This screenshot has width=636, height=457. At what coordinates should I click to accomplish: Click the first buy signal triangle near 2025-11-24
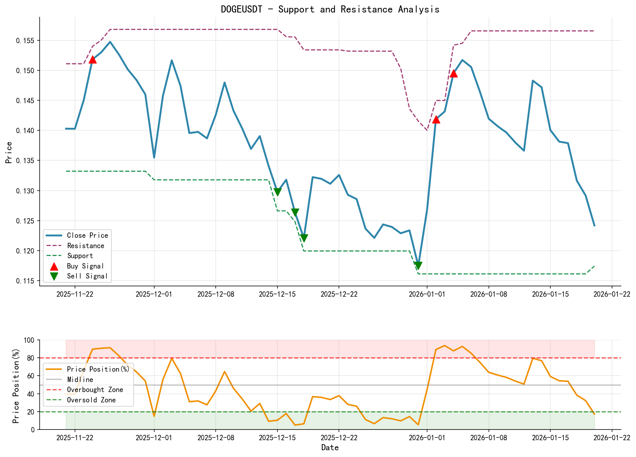point(92,59)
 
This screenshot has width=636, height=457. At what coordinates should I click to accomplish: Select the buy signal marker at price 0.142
point(436,119)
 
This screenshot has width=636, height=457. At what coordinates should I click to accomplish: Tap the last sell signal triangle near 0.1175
point(418,266)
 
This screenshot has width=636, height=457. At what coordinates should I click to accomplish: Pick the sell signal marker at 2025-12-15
point(277,192)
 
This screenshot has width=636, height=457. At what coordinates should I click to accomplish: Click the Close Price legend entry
point(87,235)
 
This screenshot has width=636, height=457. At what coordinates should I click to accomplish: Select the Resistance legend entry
point(85,246)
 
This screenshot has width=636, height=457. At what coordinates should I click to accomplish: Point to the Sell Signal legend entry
point(87,276)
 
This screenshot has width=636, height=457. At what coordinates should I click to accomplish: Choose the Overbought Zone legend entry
point(95,390)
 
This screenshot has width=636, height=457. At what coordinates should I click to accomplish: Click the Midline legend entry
point(80,380)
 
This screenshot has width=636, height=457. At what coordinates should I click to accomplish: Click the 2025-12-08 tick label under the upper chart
point(215,294)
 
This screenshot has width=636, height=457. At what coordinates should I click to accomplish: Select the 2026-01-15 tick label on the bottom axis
point(550,437)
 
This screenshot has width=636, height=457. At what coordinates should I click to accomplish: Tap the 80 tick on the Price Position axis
point(31,358)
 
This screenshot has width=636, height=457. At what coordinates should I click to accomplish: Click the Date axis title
point(330,448)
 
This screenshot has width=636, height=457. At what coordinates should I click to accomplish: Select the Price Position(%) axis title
point(16,385)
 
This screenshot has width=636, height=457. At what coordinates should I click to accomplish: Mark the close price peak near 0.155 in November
point(110,42)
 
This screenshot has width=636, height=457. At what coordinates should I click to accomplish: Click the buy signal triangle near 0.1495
point(454,74)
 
